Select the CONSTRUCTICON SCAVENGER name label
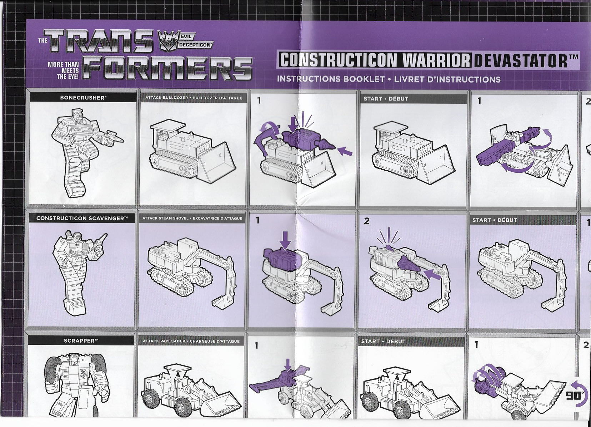coord(82,218)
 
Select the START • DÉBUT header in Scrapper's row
coord(383,342)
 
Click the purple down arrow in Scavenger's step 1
coord(285,240)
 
